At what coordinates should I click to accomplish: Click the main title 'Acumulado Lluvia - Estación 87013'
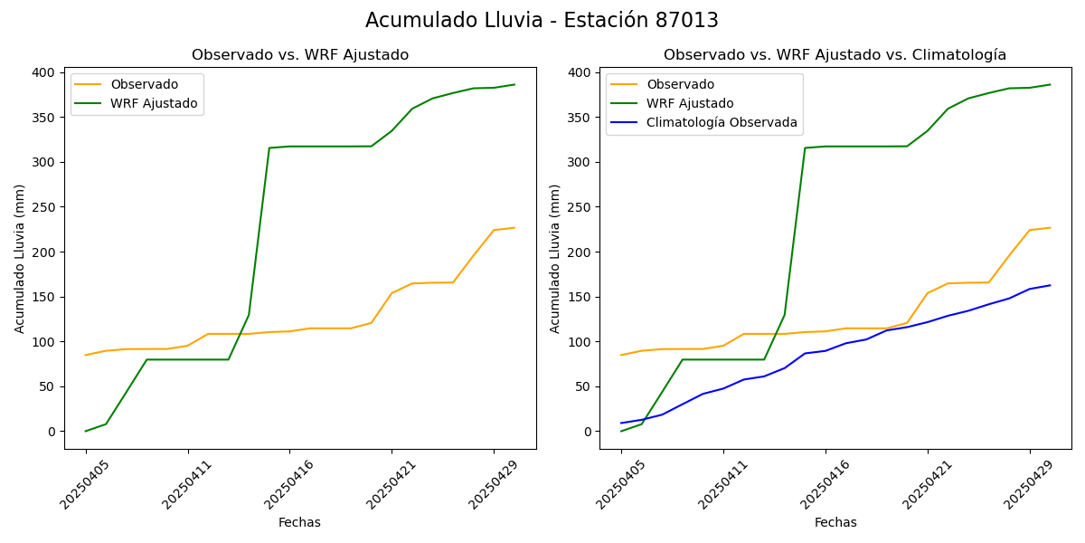(542, 21)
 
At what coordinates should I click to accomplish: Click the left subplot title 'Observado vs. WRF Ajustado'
(300, 55)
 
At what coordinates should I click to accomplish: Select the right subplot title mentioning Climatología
(835, 55)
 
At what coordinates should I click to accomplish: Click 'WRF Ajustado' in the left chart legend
(154, 103)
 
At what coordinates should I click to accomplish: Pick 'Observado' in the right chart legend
(680, 84)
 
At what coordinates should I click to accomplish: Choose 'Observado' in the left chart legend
(145, 84)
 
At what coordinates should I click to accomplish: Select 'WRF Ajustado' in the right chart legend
(690, 103)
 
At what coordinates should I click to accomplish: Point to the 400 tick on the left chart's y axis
(52, 72)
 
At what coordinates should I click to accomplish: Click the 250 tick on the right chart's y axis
(587, 207)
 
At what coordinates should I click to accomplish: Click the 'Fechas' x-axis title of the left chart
(299, 522)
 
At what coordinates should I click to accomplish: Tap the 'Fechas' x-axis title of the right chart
(835, 522)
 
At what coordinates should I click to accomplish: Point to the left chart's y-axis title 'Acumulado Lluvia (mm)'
(20, 258)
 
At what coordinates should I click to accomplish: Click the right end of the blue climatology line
(1050, 285)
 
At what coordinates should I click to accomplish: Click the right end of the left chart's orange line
(514, 228)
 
